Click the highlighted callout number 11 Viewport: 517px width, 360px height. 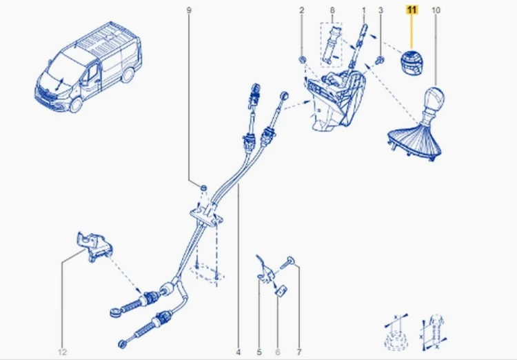point(412,10)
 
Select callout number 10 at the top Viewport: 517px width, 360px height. point(436,10)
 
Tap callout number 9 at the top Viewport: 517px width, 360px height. point(189,10)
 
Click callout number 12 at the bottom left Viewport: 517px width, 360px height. point(62,352)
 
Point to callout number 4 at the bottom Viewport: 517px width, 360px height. point(238,352)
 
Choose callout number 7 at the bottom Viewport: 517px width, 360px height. point(299,352)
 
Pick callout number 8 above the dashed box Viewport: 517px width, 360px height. point(332,10)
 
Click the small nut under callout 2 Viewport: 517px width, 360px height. point(303,60)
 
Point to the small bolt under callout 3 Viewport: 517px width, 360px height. point(380,60)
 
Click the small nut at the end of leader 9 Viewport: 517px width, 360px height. point(204,188)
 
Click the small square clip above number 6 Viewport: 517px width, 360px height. point(281,291)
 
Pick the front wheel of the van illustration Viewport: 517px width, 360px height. point(77,104)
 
